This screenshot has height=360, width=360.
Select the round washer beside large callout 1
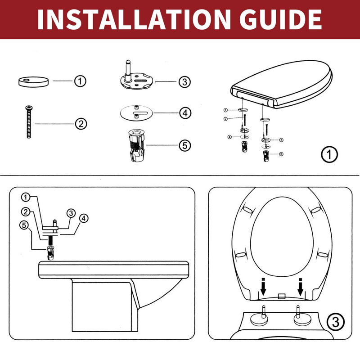click(32, 81)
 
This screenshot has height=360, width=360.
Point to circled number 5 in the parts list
click(185, 145)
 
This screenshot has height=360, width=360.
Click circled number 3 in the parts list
click(184, 82)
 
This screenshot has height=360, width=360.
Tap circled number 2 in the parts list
click(80, 123)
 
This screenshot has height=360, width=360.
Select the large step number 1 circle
click(329, 155)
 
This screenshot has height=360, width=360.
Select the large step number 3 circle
click(335, 322)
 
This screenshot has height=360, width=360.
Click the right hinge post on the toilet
click(299, 315)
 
